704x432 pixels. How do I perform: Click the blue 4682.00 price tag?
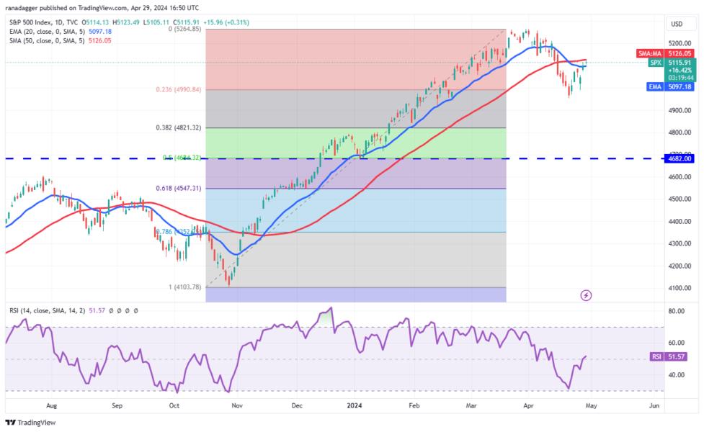[x=679, y=158]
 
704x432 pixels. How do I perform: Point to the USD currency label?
[x=677, y=24]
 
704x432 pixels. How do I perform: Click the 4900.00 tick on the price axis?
[x=677, y=110]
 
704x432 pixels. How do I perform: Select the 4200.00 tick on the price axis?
[x=677, y=266]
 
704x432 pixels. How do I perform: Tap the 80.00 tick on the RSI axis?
[x=676, y=312]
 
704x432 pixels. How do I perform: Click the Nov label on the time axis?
[x=237, y=406]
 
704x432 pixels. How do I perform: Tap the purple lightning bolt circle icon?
[x=586, y=295]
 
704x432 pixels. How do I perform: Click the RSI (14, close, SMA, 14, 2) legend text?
[x=54, y=310]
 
